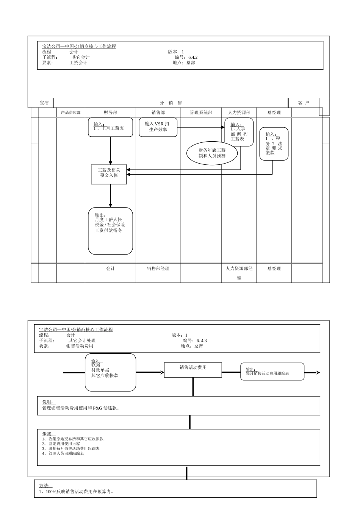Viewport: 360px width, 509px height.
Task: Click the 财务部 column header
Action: [110, 112]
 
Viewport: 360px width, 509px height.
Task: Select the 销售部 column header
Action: [158, 112]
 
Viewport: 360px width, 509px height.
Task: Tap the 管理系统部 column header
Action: [201, 112]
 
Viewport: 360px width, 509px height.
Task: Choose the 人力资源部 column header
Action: [239, 112]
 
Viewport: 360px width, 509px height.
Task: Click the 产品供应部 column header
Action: [71, 112]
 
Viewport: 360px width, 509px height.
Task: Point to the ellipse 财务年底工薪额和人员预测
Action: [212, 153]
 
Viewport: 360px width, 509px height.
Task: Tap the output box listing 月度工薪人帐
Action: [110, 231]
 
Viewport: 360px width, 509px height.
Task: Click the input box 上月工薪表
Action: [110, 127]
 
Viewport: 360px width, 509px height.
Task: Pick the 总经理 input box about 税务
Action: [274, 144]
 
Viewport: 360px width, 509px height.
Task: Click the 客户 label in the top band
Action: [304, 103]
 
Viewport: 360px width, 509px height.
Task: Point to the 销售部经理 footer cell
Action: [158, 269]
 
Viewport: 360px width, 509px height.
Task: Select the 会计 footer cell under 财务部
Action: [110, 269]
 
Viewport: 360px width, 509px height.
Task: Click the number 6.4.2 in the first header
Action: [193, 58]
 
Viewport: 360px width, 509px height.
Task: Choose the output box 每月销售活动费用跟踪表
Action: [272, 372]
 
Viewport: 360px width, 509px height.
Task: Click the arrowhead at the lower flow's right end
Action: [318, 373]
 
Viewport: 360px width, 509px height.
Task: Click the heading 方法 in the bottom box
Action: [45, 486]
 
